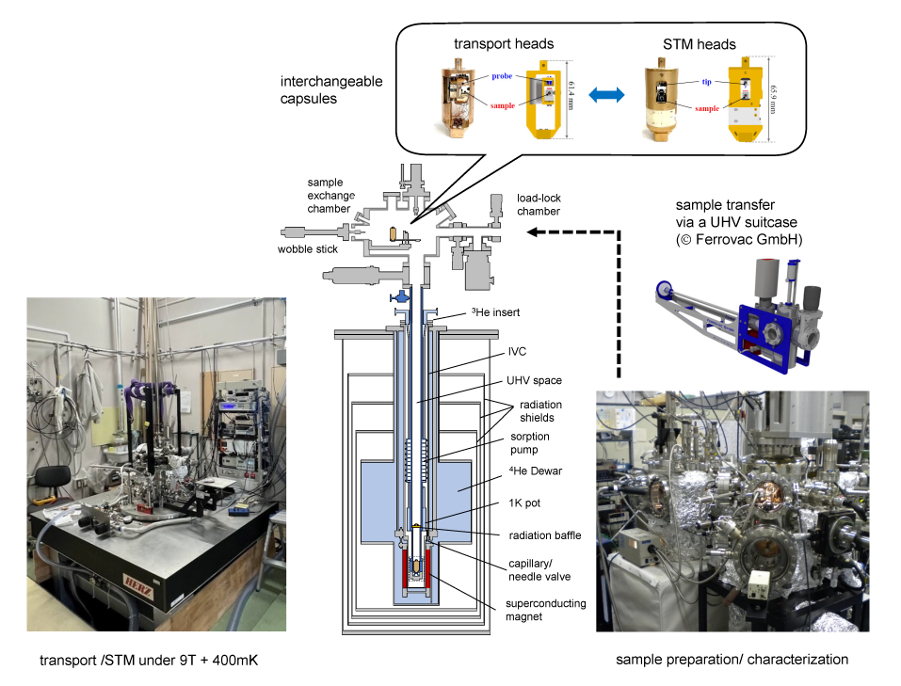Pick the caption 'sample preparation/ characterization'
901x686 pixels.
(x=732, y=660)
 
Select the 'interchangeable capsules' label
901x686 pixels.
(x=331, y=89)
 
